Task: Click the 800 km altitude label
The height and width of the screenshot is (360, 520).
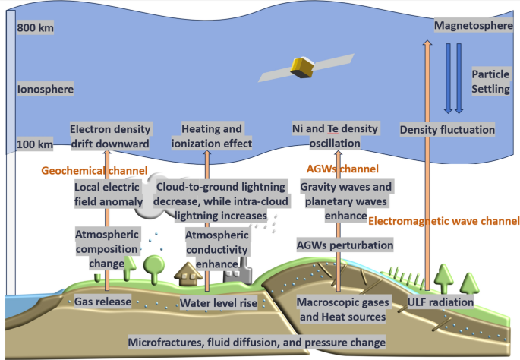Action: [x=36, y=29]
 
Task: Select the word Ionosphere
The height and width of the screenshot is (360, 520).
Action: [x=46, y=90]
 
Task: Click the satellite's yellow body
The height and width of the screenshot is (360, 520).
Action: [x=304, y=68]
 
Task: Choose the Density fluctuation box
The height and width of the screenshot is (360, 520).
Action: [x=447, y=130]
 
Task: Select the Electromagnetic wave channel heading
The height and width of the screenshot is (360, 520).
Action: [x=443, y=222]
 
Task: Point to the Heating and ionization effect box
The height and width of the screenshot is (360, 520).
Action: [x=216, y=136]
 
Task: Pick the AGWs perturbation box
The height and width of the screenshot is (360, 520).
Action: [x=345, y=245]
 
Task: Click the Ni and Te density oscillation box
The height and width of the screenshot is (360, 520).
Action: [x=336, y=136]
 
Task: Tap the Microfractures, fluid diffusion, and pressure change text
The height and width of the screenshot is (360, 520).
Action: [x=257, y=343]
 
